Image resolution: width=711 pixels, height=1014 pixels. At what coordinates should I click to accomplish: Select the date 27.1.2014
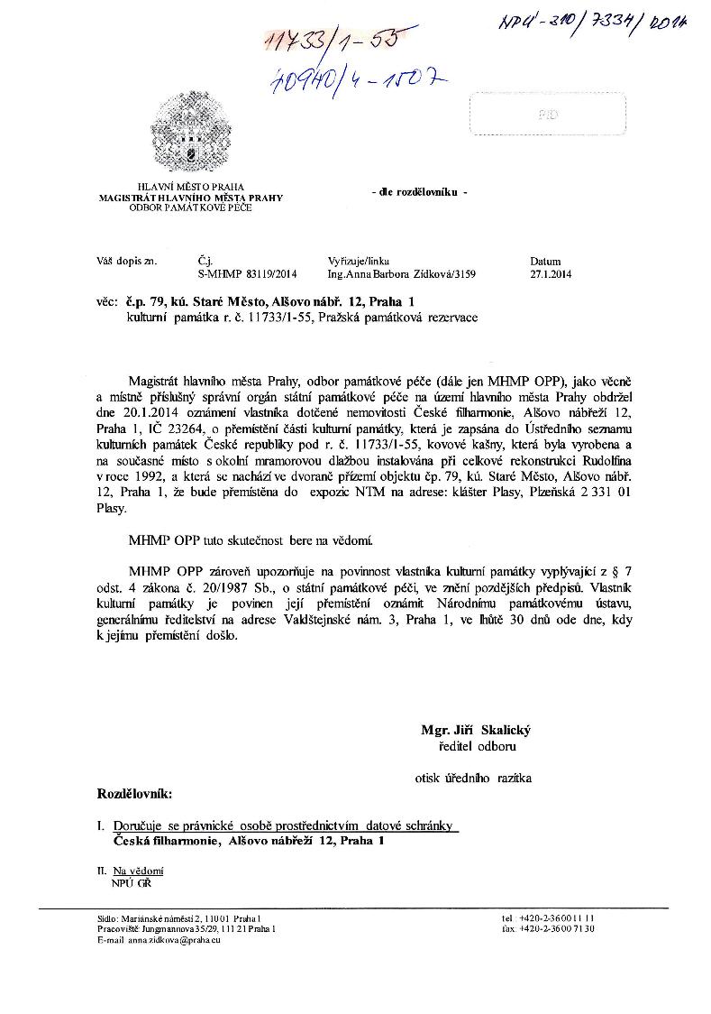pos(551,273)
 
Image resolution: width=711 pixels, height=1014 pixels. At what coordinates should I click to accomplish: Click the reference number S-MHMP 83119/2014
pos(246,273)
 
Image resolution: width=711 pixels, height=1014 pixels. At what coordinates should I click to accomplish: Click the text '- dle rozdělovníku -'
pos(419,194)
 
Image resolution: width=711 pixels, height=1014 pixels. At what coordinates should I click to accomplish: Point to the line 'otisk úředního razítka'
pos(473,777)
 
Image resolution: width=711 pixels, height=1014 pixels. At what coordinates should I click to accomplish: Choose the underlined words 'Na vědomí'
pos(138,871)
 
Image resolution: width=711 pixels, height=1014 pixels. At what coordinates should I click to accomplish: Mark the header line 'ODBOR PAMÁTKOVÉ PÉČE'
pos(190,207)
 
